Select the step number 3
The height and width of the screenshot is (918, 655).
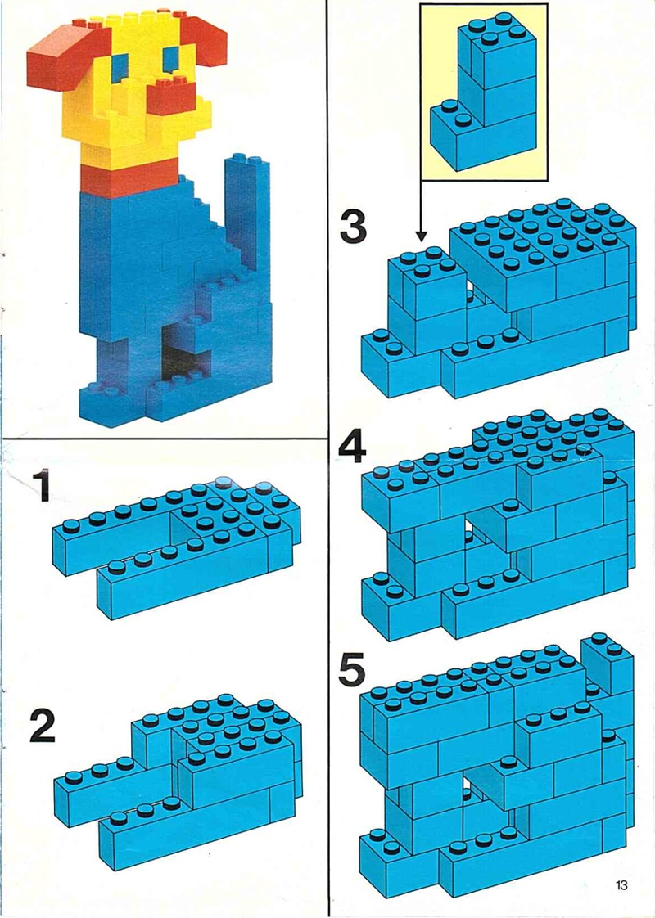pyautogui.click(x=353, y=227)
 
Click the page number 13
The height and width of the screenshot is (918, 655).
pyautogui.click(x=621, y=884)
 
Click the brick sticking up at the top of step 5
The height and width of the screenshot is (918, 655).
pyautogui.click(x=607, y=664)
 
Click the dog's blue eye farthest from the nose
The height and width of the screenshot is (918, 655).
pyautogui.click(x=120, y=66)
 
